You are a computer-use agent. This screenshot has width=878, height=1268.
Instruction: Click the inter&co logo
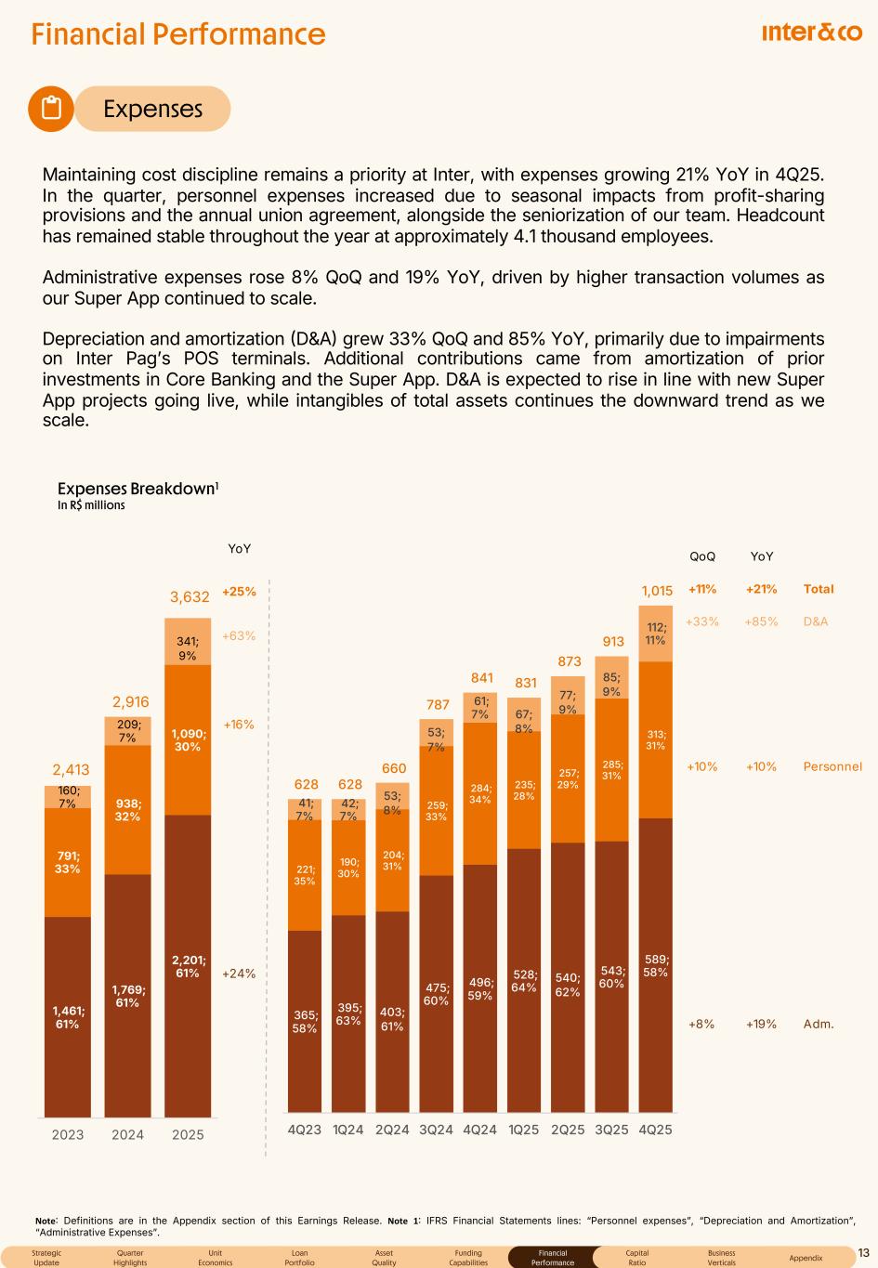(x=811, y=33)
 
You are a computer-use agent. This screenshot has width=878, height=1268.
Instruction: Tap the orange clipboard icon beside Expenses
(x=52, y=109)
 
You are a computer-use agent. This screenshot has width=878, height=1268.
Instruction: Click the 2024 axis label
(x=128, y=1134)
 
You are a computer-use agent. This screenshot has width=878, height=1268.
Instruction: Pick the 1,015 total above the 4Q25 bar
(x=657, y=591)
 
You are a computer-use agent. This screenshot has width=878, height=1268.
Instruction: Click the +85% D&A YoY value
(x=761, y=621)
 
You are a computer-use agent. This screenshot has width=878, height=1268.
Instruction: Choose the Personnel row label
(x=832, y=766)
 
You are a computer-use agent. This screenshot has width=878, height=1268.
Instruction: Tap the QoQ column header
(x=702, y=556)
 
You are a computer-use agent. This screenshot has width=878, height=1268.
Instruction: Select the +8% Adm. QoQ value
(x=701, y=1024)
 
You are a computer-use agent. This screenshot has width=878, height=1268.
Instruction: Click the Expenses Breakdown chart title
(x=138, y=489)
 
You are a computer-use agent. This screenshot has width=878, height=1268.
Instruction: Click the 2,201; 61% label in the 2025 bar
(x=188, y=966)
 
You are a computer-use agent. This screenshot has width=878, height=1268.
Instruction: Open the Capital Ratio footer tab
(x=636, y=1258)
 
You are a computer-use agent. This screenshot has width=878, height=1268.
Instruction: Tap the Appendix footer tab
(x=806, y=1258)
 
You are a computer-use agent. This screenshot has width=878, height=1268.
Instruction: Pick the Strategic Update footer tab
(x=46, y=1258)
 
